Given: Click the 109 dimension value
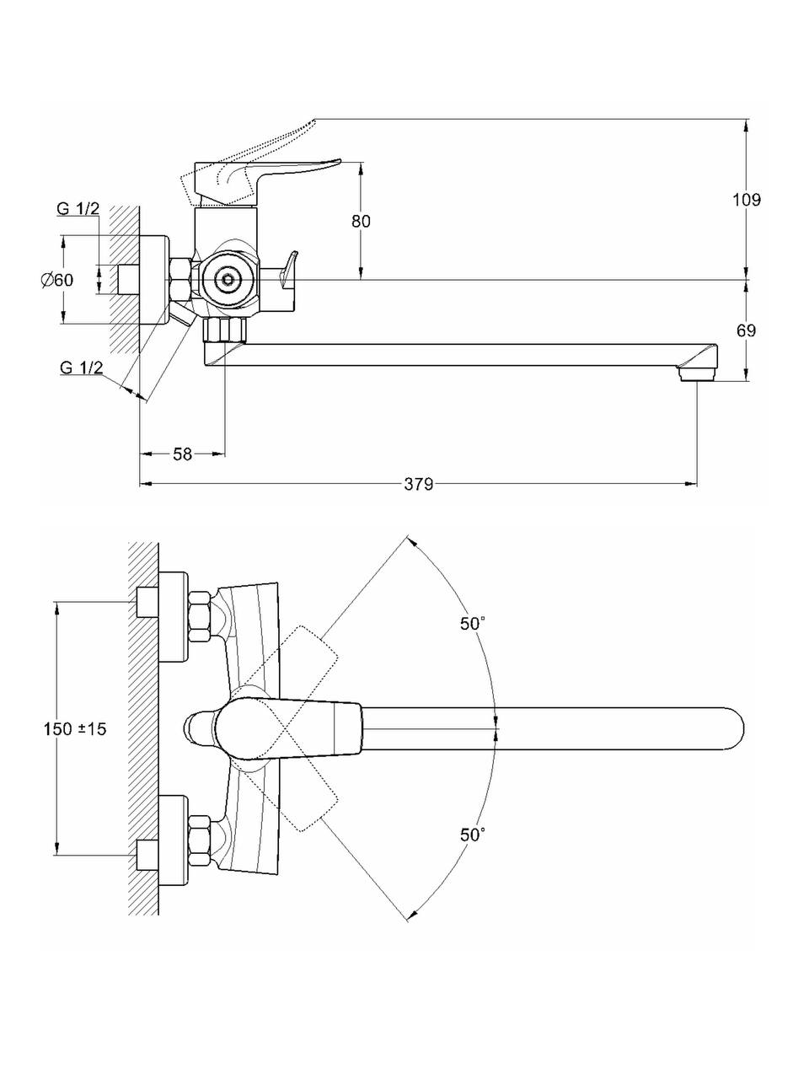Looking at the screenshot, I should pos(746,200).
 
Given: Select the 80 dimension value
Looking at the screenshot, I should pos(361,221).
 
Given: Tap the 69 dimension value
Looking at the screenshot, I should pos(746,330).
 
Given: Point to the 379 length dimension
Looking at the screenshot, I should pos(418,484).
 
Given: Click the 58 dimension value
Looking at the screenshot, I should pos(182,454).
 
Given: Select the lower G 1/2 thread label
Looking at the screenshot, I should pos(82,367).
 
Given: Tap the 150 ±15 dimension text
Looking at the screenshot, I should pos(75,729).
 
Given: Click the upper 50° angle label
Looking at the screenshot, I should pos(473,624).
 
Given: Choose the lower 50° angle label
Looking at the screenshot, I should pos(473,835).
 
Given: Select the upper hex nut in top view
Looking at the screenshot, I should pos(200,616).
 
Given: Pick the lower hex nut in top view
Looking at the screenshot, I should pos(200,840).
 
